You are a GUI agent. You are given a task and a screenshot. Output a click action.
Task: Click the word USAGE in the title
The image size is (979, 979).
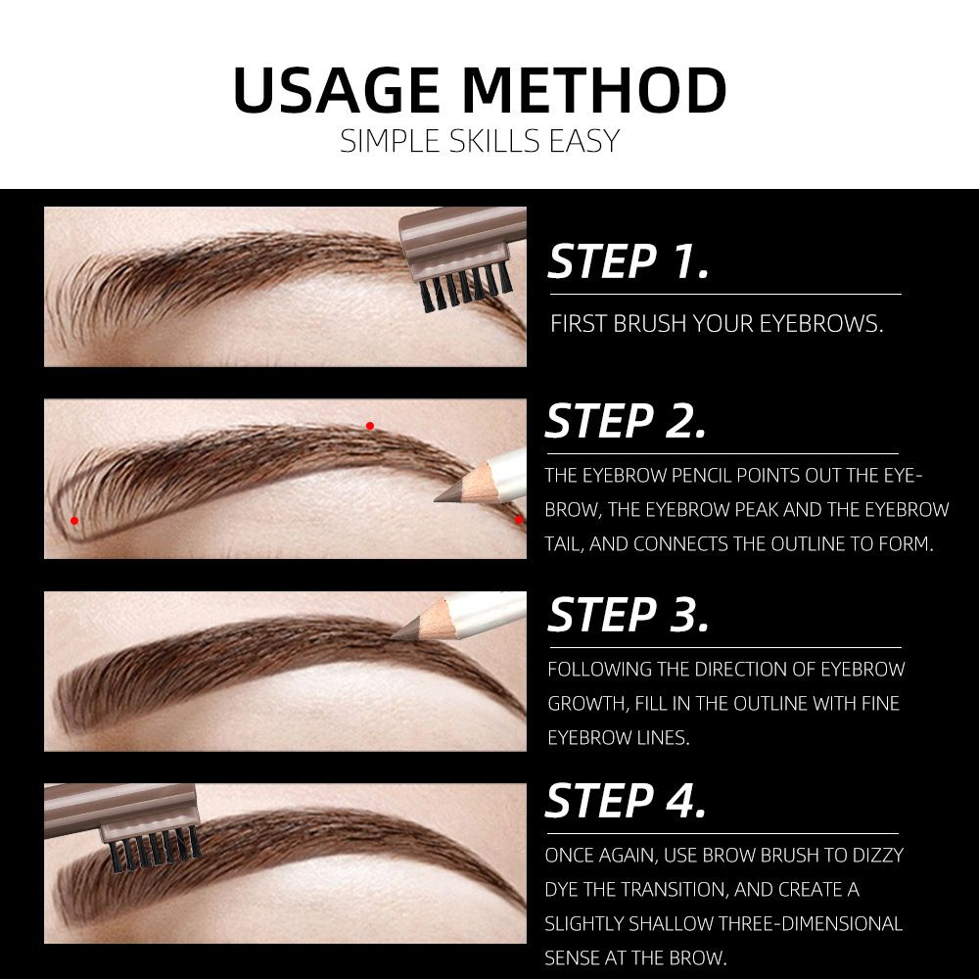337,90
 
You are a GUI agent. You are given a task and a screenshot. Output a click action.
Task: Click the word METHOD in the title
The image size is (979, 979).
594,90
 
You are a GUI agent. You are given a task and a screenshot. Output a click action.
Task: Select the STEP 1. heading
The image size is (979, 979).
629,261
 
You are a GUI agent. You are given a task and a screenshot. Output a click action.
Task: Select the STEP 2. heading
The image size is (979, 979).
626,421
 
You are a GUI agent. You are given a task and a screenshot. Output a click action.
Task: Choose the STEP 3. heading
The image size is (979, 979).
629,615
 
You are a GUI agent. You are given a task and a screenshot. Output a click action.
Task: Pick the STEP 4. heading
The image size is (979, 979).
626,801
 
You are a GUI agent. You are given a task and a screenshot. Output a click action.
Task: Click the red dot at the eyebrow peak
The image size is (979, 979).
370,426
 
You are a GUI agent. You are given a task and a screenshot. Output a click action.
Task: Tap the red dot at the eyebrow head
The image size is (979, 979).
74,521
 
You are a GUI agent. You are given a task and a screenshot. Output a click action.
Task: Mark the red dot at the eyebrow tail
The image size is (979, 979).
518,520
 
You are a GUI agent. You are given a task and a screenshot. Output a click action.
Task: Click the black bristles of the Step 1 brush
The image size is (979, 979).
466,287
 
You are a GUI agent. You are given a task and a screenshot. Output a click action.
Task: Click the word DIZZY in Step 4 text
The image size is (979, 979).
874,855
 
